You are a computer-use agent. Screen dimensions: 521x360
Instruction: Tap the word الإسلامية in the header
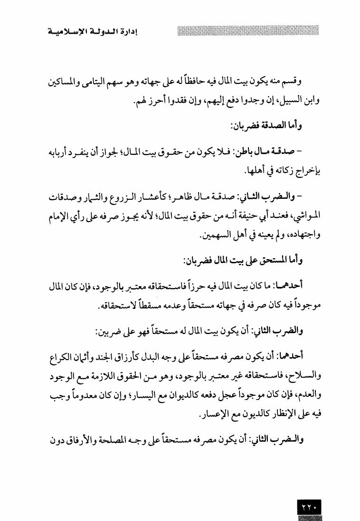(66, 33)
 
